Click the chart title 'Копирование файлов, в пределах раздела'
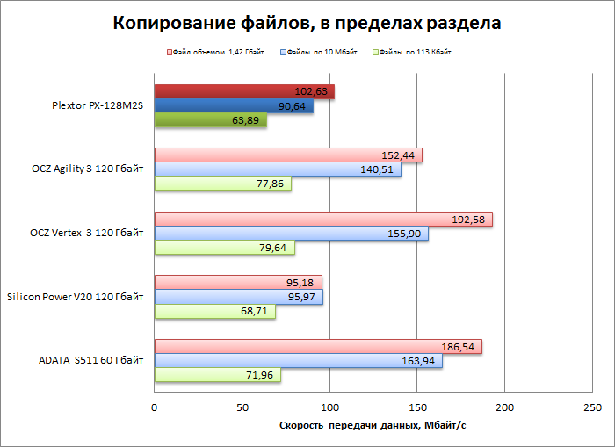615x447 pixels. click(x=307, y=24)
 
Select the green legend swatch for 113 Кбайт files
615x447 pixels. click(x=376, y=53)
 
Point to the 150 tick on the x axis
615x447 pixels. click(x=417, y=407)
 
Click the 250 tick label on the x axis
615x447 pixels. click(x=592, y=407)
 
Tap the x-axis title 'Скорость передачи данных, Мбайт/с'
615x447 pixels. click(x=372, y=426)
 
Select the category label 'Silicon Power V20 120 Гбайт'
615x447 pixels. click(x=75, y=297)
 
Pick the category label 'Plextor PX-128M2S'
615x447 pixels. click(x=97, y=105)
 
